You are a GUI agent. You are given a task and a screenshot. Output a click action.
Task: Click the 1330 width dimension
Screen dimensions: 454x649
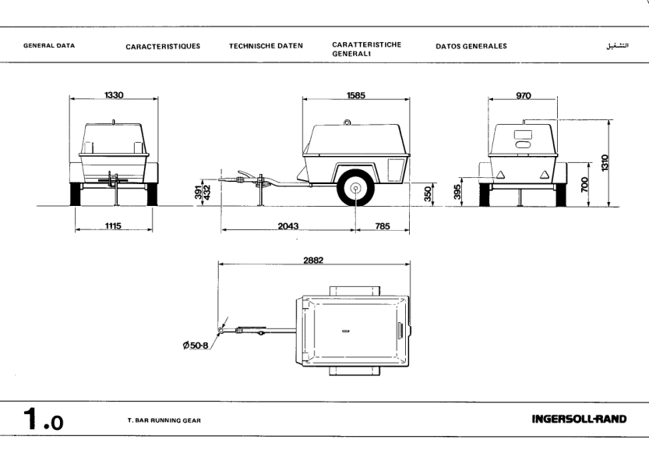pyautogui.click(x=114, y=95)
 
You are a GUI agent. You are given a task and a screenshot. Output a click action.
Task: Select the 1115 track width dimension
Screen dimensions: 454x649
pyautogui.click(x=114, y=225)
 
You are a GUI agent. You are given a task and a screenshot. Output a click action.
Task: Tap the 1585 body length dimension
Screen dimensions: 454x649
pyautogui.click(x=356, y=95)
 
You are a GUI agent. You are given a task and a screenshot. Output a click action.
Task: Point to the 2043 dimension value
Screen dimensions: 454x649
pyautogui.click(x=288, y=226)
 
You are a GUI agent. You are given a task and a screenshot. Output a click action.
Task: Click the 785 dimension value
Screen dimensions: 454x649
pyautogui.click(x=382, y=226)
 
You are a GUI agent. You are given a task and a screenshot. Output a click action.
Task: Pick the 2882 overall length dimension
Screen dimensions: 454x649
pyautogui.click(x=313, y=261)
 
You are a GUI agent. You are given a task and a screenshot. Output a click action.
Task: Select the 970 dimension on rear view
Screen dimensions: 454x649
pyautogui.click(x=523, y=95)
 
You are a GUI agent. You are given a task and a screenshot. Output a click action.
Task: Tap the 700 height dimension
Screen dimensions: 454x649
pyautogui.click(x=585, y=185)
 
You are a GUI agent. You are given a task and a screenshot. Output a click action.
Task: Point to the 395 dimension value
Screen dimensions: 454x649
pyautogui.click(x=458, y=191)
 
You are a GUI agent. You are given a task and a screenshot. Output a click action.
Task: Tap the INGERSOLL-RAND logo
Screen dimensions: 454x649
pyautogui.click(x=578, y=420)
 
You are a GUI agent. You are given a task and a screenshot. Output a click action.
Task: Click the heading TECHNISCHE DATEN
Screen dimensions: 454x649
pyautogui.click(x=266, y=46)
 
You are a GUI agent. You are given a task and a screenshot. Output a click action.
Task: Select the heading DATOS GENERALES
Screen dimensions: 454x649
pyautogui.click(x=471, y=46)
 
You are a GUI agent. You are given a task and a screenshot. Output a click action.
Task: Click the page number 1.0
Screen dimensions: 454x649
pyautogui.click(x=43, y=421)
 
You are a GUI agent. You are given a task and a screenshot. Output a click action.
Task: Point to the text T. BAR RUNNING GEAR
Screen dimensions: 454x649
pyautogui.click(x=164, y=420)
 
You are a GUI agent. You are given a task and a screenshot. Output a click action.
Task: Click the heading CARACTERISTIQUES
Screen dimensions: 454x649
pyautogui.click(x=163, y=46)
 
